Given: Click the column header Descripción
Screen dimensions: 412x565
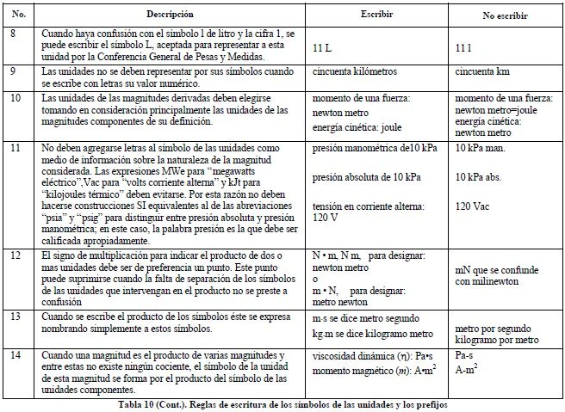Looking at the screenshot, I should pyautogui.click(x=170, y=15).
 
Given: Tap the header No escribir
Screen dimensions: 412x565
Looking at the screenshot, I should pyautogui.click(x=503, y=16).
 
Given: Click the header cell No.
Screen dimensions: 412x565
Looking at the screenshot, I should pyautogui.click(x=19, y=15).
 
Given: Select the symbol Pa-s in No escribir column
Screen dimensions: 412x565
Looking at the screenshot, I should pyautogui.click(x=466, y=354).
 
